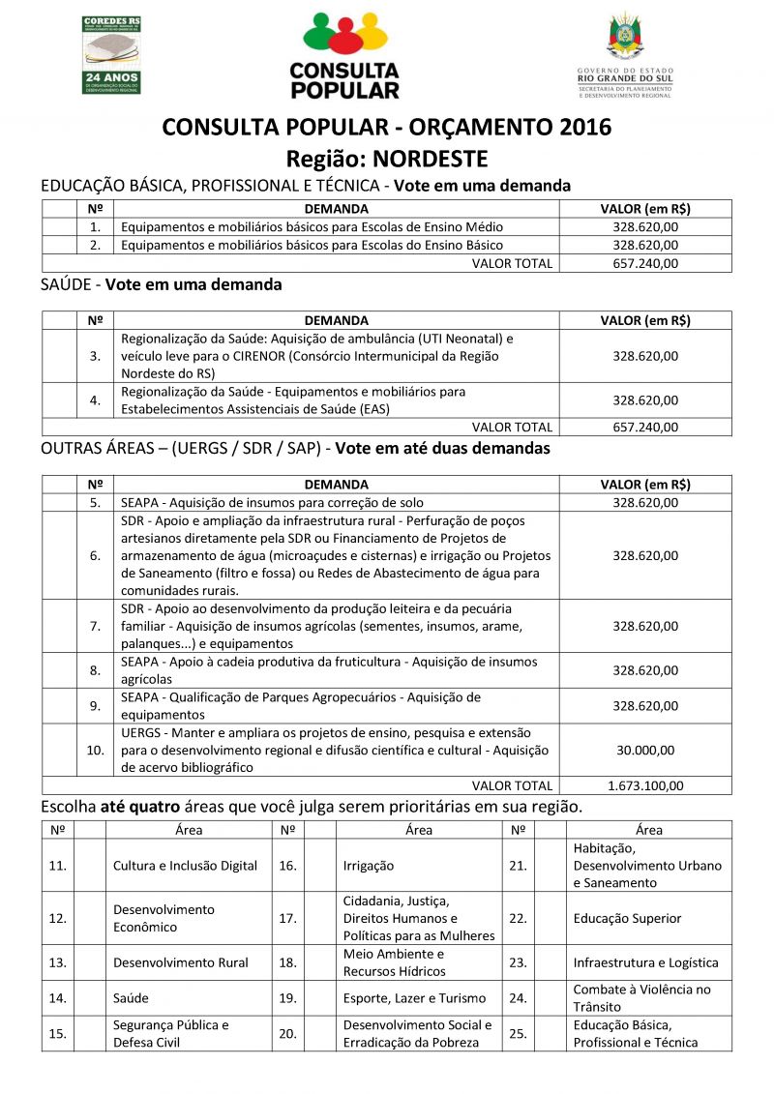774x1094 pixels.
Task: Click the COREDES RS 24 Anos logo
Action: [112, 54]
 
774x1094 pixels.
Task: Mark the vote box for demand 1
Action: [59, 226]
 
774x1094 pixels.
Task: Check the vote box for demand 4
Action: [59, 400]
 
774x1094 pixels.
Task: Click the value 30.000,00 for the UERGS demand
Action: [644, 750]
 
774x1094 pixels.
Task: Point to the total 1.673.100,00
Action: [644, 785]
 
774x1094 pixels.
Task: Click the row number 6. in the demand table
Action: [95, 555]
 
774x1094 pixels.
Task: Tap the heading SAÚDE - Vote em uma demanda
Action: [162, 284]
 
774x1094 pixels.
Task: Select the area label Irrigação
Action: [369, 865]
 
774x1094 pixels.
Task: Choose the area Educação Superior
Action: [627, 918]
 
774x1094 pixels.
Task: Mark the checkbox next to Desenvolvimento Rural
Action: [90, 962]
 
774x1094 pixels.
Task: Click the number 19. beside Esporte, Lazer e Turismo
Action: [287, 997]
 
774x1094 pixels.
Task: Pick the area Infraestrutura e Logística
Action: [645, 962]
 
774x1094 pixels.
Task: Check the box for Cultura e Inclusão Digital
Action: [90, 865]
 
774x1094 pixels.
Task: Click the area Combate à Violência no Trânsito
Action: [641, 997]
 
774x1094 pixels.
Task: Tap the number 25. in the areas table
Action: [518, 1033]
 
